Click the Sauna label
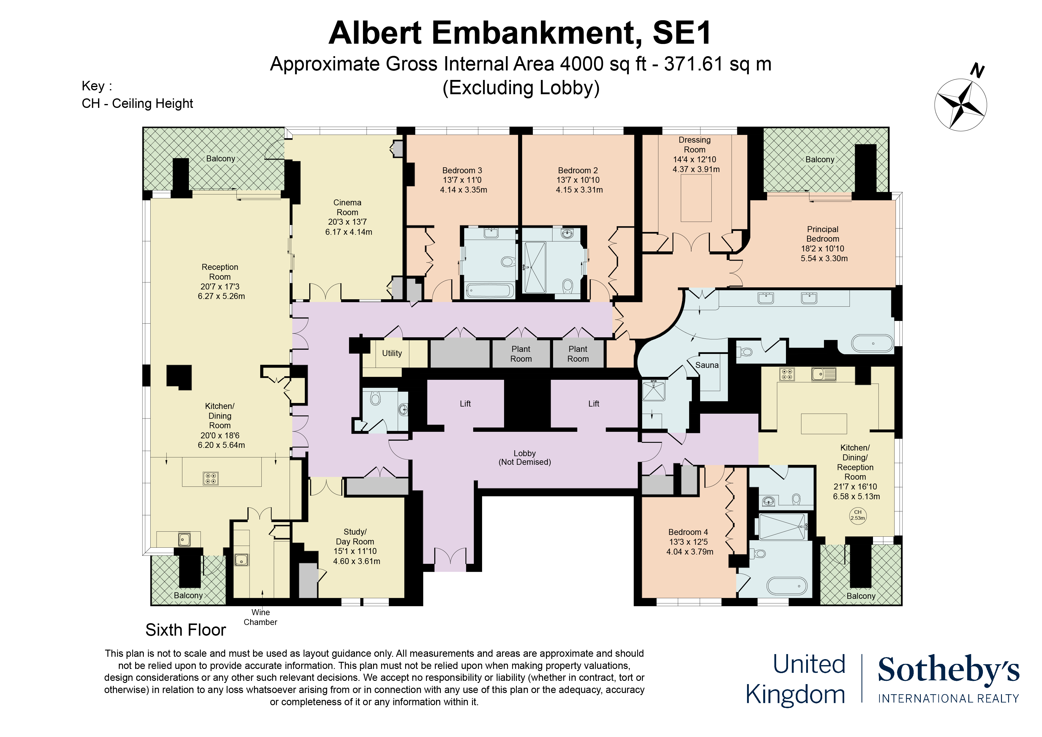[707, 365]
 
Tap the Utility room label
[392, 353]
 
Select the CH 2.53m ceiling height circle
[857, 515]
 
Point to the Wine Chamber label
[260, 617]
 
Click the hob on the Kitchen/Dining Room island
[211, 478]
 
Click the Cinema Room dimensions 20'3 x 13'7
[347, 222]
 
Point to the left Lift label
[465, 404]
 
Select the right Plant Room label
[578, 354]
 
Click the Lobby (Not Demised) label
[525, 458]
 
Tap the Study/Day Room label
[355, 537]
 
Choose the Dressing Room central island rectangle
[696, 198]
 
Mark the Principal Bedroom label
[822, 234]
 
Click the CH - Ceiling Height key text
[137, 103]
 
